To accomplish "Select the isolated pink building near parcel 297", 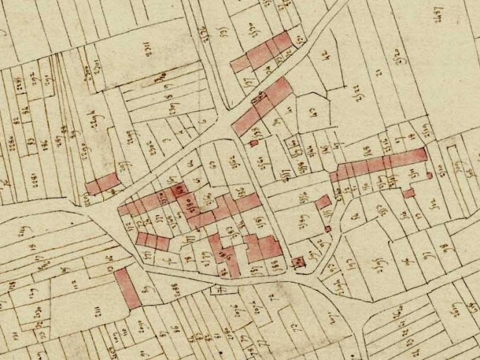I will point(103,184).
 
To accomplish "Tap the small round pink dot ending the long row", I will point(429,175).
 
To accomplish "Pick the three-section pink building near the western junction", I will point(153,241).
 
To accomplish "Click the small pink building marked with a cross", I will point(298,262).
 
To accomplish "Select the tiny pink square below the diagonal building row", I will point(254,143).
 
